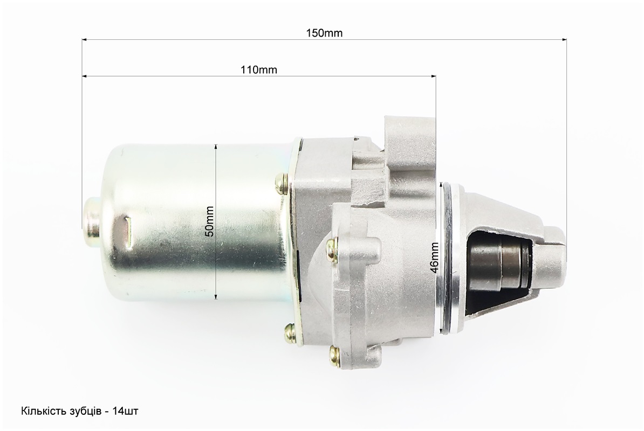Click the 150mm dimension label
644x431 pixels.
coord(324,33)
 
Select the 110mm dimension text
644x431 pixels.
coord(259,69)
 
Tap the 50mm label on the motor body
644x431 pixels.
coord(209,221)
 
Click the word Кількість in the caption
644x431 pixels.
coord(43,411)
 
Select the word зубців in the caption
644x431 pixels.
coord(84,411)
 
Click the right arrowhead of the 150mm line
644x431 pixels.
coord(564,40)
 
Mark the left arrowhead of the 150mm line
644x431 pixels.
coord(85,40)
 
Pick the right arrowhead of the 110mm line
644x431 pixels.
coord(433,76)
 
